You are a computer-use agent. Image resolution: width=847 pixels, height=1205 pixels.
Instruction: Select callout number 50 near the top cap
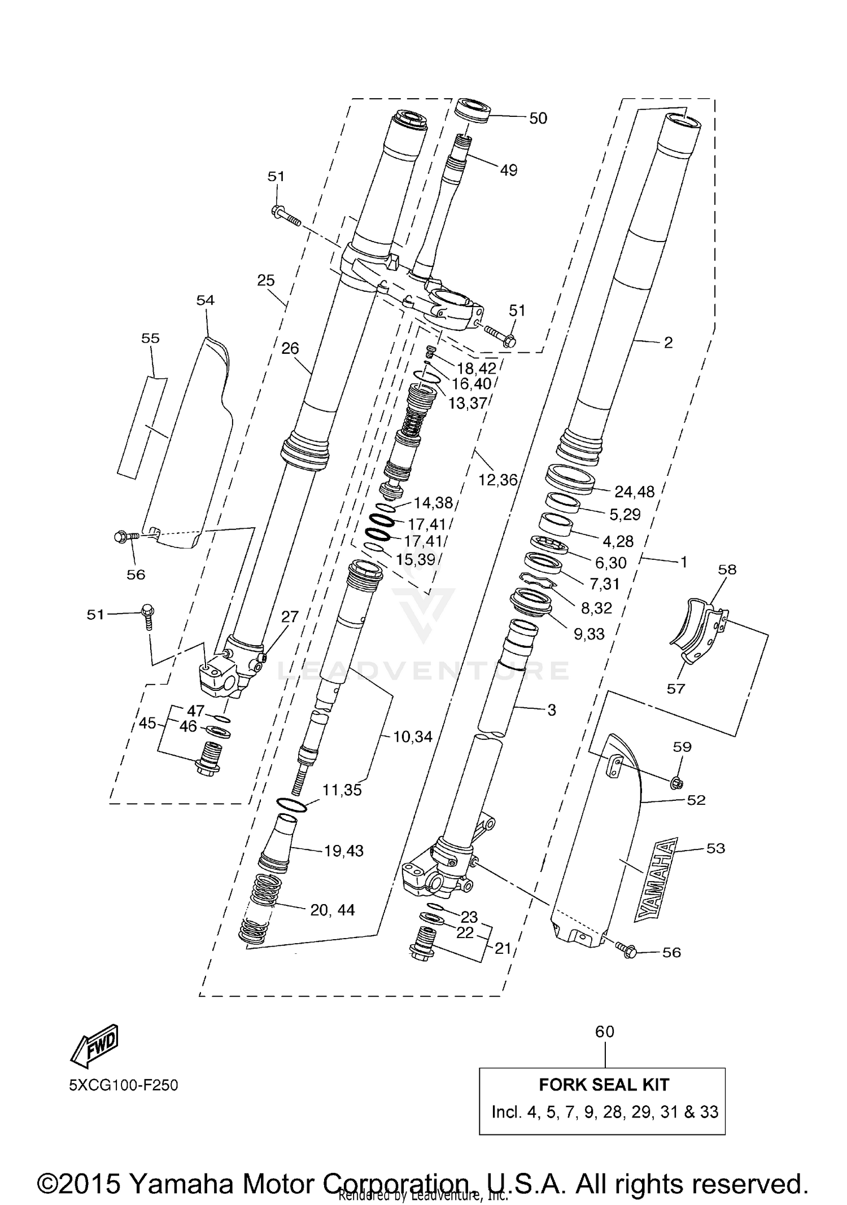538,119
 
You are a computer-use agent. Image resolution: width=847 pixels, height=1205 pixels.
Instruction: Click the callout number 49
508,170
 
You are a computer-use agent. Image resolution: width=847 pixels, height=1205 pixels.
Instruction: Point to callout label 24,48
634,492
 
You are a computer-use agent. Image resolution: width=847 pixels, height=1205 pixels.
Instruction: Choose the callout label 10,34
413,736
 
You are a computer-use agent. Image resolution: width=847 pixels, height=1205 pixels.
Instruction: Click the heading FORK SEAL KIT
604,1084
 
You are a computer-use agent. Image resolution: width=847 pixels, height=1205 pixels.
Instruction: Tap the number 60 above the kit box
604,1031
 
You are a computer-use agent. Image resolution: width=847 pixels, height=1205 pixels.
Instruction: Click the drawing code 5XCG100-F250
124,1085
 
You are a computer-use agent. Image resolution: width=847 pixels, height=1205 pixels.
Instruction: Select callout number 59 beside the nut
682,747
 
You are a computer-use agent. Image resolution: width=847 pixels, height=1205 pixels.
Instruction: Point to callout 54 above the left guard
206,300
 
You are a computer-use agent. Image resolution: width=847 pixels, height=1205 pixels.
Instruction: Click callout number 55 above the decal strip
150,338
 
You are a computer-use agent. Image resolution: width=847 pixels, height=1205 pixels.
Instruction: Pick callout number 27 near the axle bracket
290,616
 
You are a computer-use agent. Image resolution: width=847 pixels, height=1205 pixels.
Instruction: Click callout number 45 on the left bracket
147,723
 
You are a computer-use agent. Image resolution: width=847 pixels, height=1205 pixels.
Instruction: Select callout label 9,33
589,634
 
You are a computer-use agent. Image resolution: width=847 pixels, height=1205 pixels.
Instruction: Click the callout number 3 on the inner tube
552,710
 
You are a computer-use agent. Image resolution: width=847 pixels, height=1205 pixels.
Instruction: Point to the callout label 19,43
344,851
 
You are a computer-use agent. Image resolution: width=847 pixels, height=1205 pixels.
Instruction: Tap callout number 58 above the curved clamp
727,569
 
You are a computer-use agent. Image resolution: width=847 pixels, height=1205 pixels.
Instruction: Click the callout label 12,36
498,480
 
